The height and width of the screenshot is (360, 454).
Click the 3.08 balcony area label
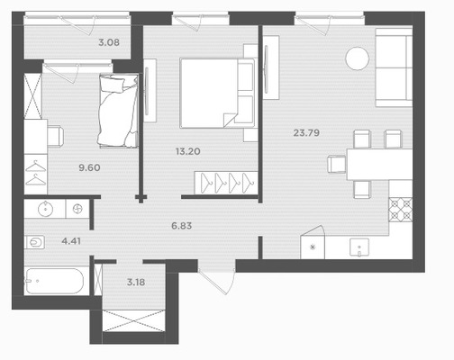point(109,42)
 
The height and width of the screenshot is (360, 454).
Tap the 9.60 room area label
point(89,167)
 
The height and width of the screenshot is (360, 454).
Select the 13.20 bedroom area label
point(188,151)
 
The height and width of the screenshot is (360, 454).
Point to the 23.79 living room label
point(306,132)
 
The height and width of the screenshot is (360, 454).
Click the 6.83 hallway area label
point(182,226)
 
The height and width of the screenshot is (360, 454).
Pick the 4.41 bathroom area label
point(71,241)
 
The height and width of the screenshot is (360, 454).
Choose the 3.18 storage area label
point(136,282)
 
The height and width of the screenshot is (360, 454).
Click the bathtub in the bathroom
point(54,281)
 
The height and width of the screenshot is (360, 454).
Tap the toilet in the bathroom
point(35,242)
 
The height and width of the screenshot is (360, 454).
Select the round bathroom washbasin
point(45,209)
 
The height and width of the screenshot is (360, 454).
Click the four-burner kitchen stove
point(401,210)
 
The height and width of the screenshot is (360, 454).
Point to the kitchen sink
point(359,247)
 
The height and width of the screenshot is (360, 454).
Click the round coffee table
point(357,58)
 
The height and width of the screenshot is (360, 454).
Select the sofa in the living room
point(394,67)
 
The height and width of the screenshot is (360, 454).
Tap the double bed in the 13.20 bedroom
point(217,94)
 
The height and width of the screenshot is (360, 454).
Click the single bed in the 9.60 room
point(118,111)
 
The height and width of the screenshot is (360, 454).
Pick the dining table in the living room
point(379,164)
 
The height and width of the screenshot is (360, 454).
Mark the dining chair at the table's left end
point(337,164)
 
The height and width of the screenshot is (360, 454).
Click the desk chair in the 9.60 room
point(56,136)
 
